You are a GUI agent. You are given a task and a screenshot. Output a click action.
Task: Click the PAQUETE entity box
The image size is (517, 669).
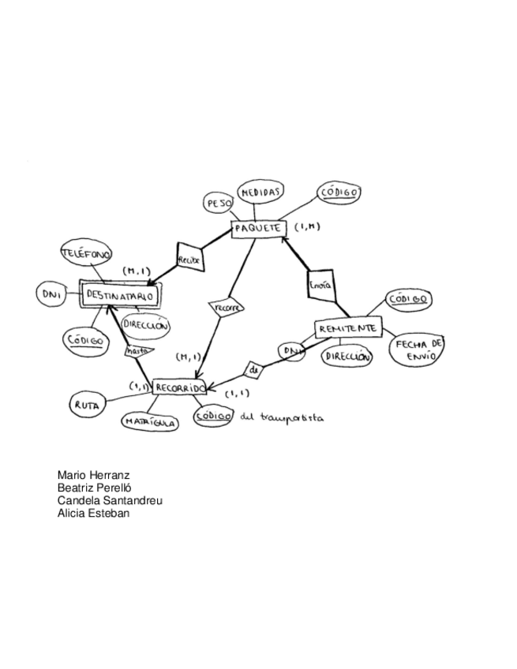(x=257, y=228)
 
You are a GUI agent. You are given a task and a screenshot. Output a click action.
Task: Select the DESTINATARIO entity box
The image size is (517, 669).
(x=121, y=297)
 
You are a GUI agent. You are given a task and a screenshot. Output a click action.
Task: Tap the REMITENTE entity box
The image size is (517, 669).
(x=348, y=328)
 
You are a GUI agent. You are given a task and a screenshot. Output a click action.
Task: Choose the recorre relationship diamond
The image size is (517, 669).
(x=226, y=306)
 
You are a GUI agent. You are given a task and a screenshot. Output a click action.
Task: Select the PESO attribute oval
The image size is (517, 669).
(x=218, y=204)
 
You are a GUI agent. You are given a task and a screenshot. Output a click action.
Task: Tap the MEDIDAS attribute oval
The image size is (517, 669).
(x=260, y=192)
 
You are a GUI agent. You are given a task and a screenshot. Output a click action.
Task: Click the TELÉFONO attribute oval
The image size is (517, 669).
(x=87, y=255)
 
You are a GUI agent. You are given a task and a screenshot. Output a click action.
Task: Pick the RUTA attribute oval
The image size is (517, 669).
(x=86, y=406)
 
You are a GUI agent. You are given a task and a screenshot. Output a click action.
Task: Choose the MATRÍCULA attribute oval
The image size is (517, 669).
(x=150, y=422)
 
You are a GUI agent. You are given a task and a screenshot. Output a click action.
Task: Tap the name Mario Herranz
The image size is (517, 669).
(x=93, y=476)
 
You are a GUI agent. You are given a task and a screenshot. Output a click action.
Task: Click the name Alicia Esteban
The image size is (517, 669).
(x=93, y=514)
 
